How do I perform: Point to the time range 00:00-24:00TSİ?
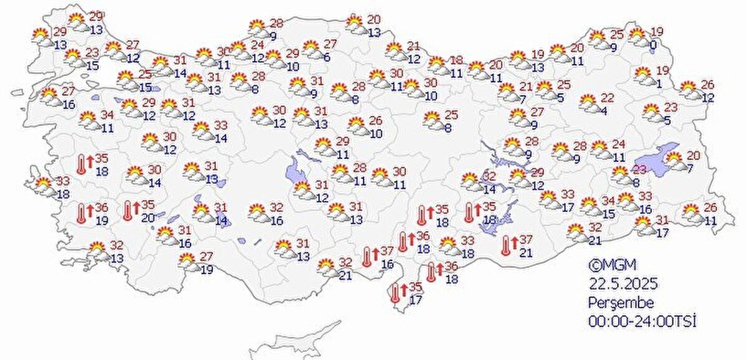click(x=641, y=321)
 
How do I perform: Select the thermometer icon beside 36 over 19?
click(x=82, y=214)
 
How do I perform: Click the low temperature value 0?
click(x=654, y=45)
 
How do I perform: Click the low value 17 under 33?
click(x=565, y=208)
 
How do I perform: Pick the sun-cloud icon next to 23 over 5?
click(x=652, y=112)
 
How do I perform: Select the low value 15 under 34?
click(x=608, y=215)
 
